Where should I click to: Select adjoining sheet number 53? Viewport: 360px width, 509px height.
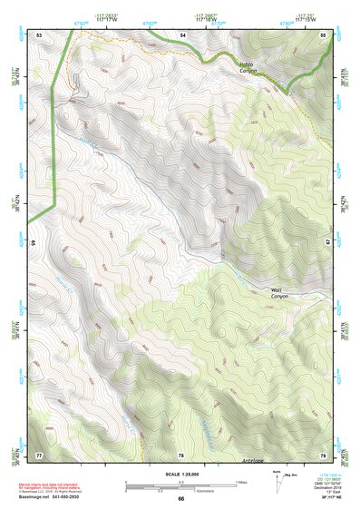click(x=39, y=34)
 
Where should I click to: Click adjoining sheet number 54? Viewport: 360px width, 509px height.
click(x=181, y=34)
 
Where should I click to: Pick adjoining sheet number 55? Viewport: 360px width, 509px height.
click(x=323, y=34)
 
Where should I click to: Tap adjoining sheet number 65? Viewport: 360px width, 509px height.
click(x=34, y=244)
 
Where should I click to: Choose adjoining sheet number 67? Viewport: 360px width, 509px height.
click(x=326, y=244)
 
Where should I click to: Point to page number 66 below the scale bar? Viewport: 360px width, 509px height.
click(x=180, y=498)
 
